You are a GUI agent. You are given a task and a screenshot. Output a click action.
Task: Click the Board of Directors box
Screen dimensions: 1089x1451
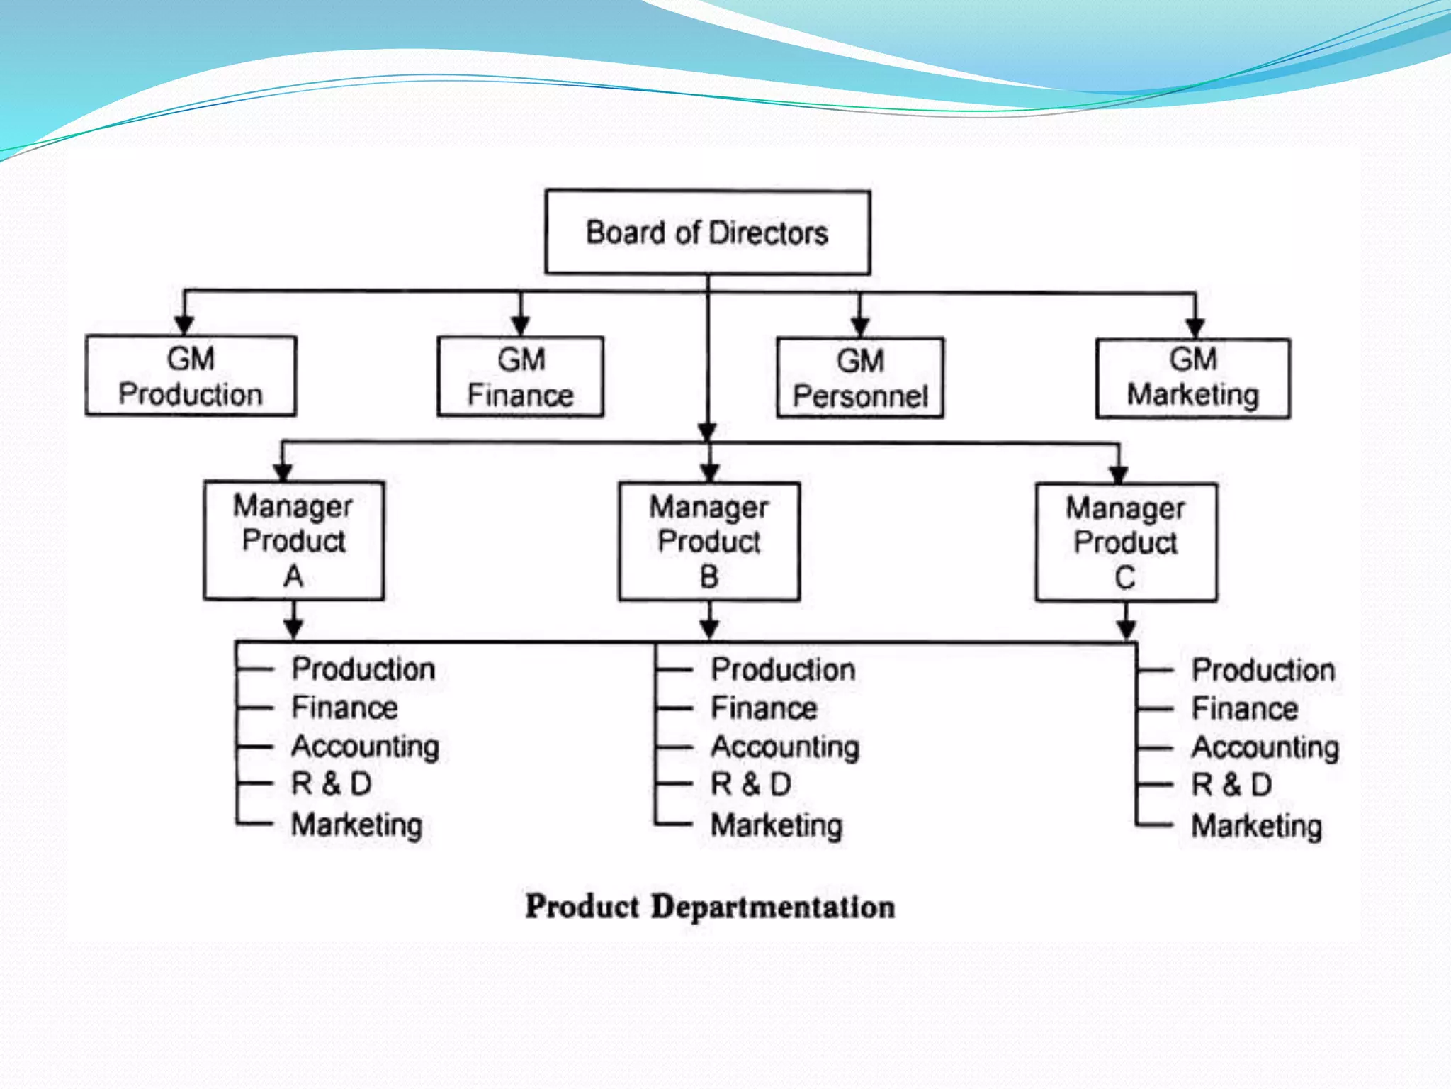(707, 232)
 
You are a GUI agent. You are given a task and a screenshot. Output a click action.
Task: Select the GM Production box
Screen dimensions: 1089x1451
(191, 376)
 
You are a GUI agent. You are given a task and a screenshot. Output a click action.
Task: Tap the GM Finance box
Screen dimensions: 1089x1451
(521, 376)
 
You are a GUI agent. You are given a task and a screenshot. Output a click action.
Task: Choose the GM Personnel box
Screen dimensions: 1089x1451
(860, 378)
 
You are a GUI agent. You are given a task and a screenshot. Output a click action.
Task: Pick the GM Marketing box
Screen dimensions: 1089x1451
(1193, 379)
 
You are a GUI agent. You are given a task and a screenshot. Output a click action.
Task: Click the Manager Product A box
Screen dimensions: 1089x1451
(293, 540)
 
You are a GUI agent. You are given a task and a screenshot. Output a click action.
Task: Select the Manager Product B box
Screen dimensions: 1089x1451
(709, 542)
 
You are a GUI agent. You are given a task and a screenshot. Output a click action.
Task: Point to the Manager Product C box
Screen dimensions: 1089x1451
(1126, 542)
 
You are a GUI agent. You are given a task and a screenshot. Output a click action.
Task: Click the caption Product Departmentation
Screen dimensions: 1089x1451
(710, 907)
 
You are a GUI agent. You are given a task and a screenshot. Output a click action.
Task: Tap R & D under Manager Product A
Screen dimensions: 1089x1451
(332, 784)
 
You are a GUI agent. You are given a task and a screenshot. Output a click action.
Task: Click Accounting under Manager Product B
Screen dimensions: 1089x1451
(785, 747)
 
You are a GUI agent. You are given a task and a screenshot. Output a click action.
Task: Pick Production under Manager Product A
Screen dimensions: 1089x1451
(363, 669)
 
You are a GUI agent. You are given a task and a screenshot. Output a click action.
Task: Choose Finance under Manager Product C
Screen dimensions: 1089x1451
(1244, 708)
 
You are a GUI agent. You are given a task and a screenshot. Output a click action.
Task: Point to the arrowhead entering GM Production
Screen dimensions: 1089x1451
(184, 325)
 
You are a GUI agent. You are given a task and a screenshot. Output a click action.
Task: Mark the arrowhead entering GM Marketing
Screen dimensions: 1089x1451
(1195, 328)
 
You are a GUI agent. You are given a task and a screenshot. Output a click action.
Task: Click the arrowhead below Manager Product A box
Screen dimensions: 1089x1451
(293, 627)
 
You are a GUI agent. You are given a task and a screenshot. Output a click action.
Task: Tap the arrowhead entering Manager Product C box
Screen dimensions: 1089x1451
(1119, 474)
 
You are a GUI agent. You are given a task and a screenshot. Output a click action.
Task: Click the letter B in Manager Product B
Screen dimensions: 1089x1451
(709, 576)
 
